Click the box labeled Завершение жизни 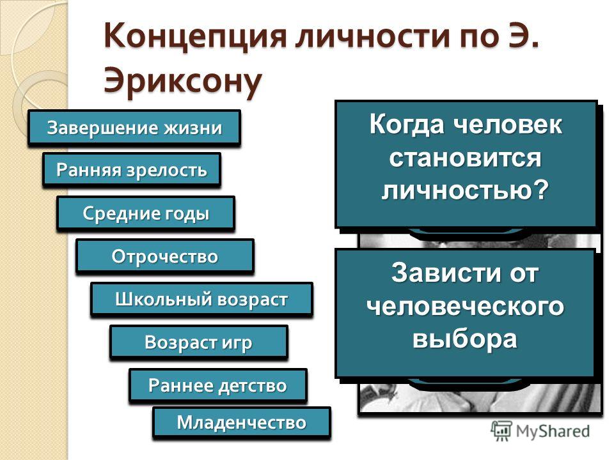point(134,128)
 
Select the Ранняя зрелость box point(132,170)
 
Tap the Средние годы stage point(146,213)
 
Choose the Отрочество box point(165,256)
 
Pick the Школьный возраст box point(201,299)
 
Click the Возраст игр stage point(199,342)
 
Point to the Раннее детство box point(217,385)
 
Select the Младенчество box point(242,422)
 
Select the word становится point(465,157)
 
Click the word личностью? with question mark point(465,190)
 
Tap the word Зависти point(445,272)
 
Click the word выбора point(465,339)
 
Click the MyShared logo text point(553,431)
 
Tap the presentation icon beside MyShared point(501,431)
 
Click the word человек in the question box point(508,125)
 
